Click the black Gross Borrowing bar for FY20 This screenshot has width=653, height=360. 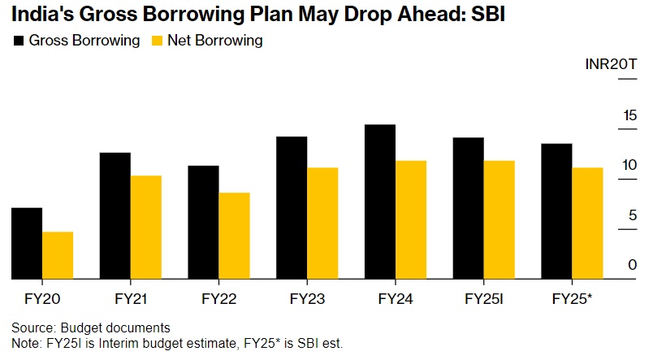tap(27, 244)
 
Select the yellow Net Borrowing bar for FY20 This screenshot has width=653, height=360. tap(58, 256)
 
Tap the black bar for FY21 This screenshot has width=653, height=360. tap(115, 216)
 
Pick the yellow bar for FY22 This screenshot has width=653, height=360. tap(234, 236)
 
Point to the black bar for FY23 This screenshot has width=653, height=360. tap(292, 208)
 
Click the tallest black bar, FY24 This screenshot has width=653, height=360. tap(380, 202)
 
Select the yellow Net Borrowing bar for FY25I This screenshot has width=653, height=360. tap(499, 220)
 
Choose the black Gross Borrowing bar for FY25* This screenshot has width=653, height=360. tap(556, 211)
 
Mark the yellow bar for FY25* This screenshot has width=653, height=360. tap(587, 223)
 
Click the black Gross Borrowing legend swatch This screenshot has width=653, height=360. tap(19, 41)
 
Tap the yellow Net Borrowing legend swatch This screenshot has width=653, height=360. tap(158, 41)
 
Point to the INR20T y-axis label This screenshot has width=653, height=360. tap(611, 65)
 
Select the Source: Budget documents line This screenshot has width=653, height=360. tap(91, 327)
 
